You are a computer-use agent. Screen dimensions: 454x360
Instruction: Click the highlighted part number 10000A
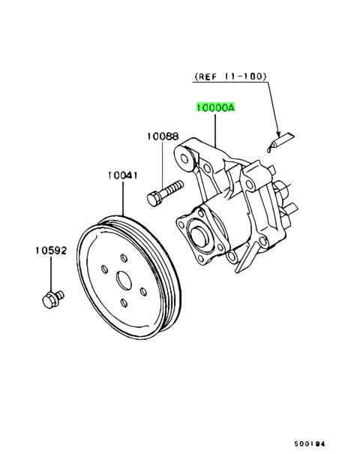[216, 108]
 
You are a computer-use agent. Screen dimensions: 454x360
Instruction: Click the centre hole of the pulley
[124, 284]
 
